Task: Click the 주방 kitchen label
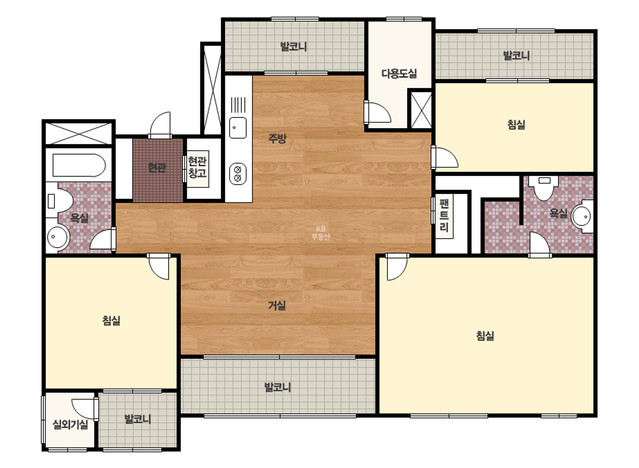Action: click(x=277, y=138)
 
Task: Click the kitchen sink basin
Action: click(x=238, y=128)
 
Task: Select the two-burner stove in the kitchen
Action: click(x=238, y=174)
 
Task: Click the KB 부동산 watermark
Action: click(x=321, y=233)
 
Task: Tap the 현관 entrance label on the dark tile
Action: click(x=157, y=168)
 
